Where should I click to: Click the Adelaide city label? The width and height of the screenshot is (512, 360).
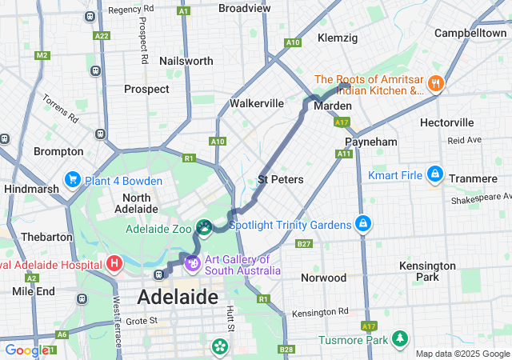point(178,297)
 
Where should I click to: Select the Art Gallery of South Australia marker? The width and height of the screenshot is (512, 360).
point(193,262)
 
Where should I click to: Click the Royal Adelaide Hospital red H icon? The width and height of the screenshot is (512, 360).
point(114,263)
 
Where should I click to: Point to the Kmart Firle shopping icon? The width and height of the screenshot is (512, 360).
point(434,174)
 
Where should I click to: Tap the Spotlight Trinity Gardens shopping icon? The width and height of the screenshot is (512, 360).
point(363,223)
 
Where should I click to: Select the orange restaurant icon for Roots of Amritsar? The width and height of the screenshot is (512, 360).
point(436,83)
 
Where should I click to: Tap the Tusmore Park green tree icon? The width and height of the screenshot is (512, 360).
point(398,340)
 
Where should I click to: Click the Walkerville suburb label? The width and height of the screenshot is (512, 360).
point(257,103)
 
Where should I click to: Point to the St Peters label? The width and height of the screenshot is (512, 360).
point(281,179)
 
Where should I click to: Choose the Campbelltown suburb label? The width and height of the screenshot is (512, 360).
point(470,34)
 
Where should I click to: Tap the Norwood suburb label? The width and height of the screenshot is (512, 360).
point(323,278)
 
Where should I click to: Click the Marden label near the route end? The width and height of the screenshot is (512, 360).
point(333,106)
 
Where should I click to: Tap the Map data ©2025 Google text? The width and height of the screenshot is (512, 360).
point(462,354)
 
